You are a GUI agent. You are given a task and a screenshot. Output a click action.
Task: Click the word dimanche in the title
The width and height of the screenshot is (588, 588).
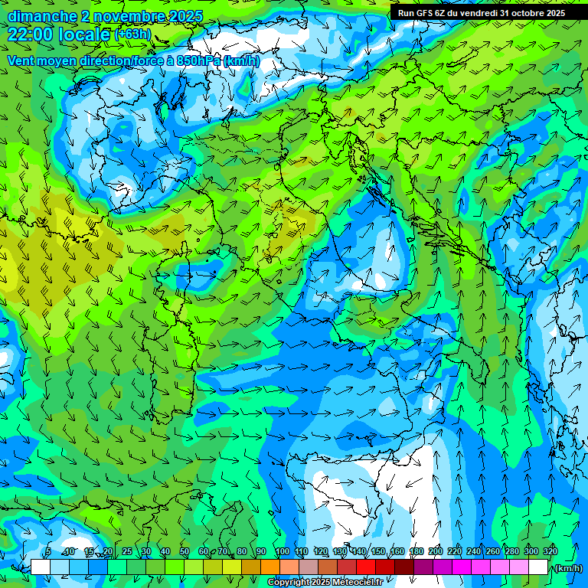click(x=42, y=16)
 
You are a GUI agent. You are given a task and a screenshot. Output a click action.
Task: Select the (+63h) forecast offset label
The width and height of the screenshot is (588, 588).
click(x=132, y=34)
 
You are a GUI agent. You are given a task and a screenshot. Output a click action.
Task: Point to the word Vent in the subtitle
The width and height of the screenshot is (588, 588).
click(x=21, y=61)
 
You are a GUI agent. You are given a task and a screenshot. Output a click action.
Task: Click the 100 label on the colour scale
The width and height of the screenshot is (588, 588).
click(x=283, y=551)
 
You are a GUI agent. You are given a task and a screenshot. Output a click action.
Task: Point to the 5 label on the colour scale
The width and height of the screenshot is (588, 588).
click(x=48, y=551)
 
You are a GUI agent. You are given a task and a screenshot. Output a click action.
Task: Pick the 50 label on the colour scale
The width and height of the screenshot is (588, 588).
click(x=185, y=551)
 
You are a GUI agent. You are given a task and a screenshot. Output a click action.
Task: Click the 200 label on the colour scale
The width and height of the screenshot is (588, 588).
click(x=436, y=551)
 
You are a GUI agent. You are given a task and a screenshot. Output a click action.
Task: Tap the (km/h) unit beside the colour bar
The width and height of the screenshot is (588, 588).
click(x=568, y=568)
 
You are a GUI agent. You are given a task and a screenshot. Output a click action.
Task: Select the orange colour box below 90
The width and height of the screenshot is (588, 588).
click(x=270, y=567)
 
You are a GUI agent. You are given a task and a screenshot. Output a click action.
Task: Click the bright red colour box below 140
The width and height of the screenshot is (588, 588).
click(x=366, y=567)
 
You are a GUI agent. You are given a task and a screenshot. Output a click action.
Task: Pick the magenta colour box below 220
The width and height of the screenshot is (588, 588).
click(x=462, y=567)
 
